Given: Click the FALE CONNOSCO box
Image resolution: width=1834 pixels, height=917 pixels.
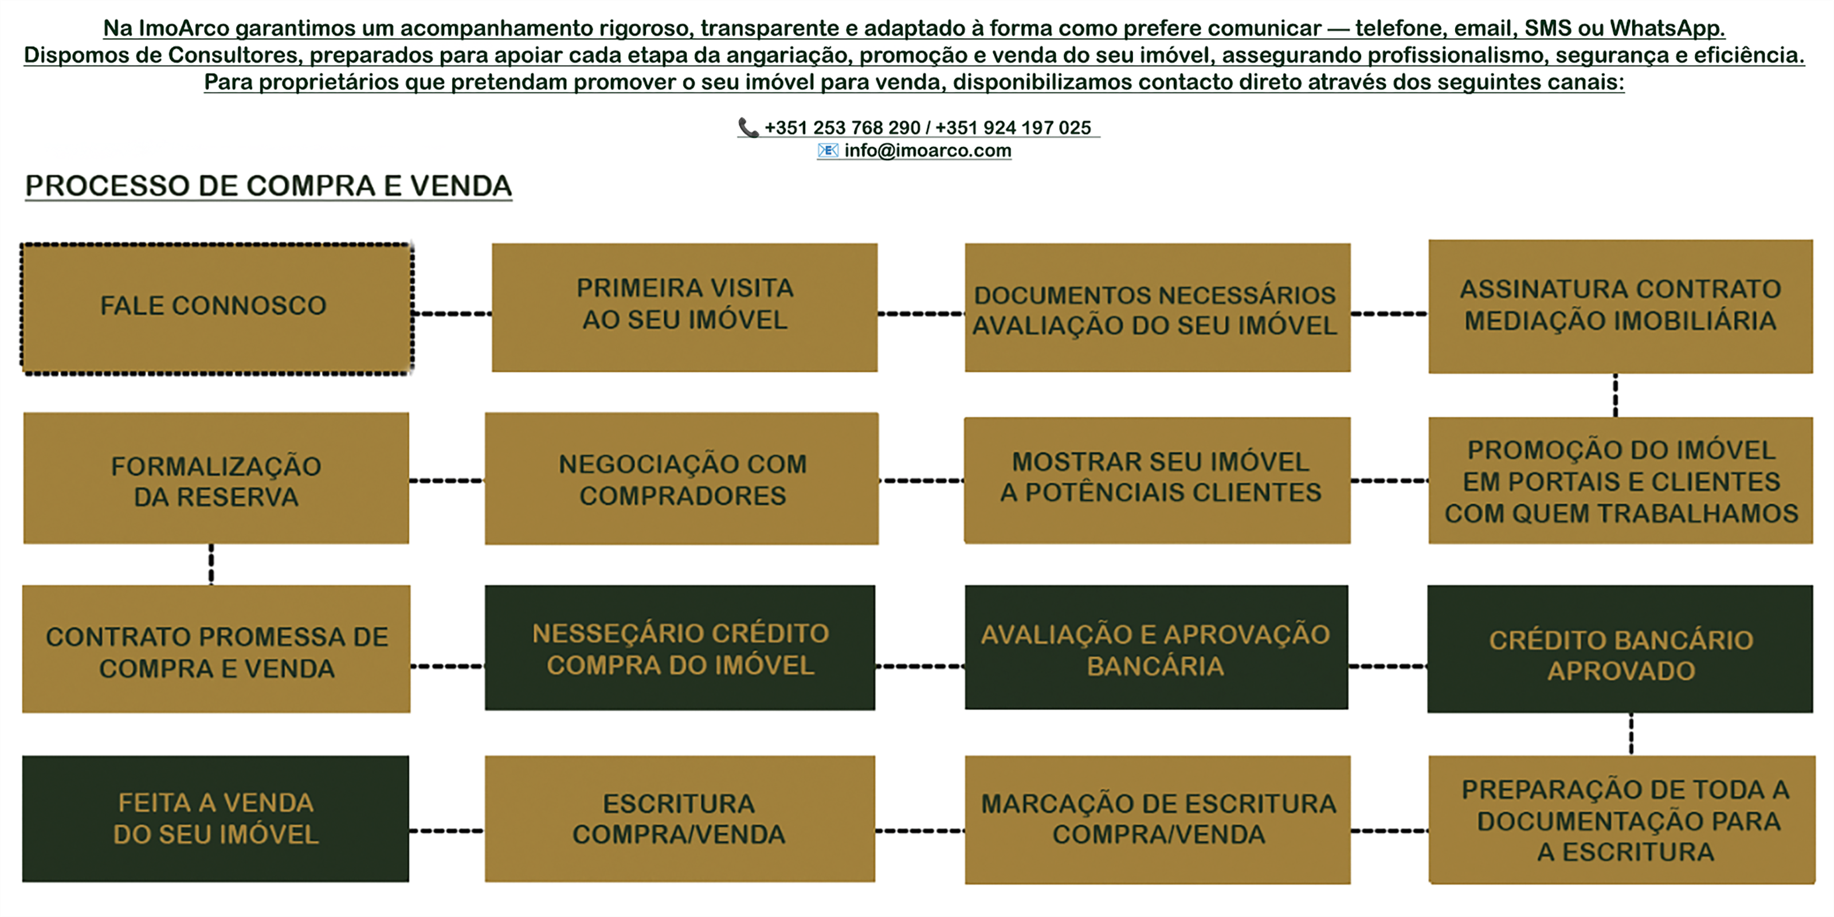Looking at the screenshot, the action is pyautogui.click(x=217, y=308).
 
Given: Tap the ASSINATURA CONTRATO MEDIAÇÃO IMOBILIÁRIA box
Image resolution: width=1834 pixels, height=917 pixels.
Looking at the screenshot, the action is pyautogui.click(x=1620, y=306).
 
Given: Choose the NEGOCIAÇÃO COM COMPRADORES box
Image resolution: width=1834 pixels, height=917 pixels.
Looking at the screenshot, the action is pyautogui.click(x=681, y=479).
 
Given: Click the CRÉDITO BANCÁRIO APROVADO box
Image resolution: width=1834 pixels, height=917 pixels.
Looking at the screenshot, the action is pyautogui.click(x=1620, y=649).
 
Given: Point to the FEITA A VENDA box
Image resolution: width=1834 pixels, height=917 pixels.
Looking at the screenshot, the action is pyautogui.click(x=215, y=819).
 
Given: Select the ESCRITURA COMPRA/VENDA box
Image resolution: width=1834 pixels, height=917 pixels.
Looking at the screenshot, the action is pyautogui.click(x=680, y=819).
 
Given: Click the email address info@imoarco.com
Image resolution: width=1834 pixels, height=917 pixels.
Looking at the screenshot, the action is pyautogui.click(x=928, y=151).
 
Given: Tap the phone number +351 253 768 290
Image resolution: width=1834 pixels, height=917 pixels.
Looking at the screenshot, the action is pyautogui.click(x=842, y=128).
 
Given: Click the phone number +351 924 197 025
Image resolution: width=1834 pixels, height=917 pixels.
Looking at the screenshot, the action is pyautogui.click(x=1013, y=128).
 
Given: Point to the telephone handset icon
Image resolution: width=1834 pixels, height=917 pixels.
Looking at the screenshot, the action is pyautogui.click(x=749, y=127).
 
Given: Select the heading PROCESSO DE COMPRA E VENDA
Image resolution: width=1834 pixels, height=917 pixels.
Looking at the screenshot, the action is pyautogui.click(x=268, y=186).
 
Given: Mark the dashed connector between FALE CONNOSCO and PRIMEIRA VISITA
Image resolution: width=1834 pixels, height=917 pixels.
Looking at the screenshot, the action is pyautogui.click(x=453, y=313).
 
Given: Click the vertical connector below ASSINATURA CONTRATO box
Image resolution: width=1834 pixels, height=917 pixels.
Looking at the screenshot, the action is pyautogui.click(x=1616, y=395).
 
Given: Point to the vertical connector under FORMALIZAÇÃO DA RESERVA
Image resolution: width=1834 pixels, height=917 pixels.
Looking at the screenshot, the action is pyautogui.click(x=211, y=565).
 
